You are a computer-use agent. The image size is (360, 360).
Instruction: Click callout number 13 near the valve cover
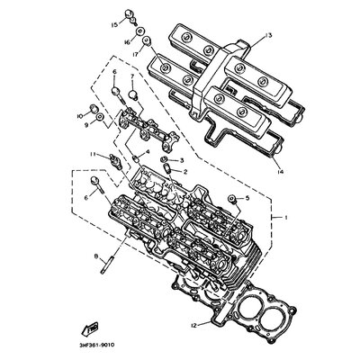click(x=268, y=36)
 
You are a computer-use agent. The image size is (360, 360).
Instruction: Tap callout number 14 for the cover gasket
click(x=281, y=172)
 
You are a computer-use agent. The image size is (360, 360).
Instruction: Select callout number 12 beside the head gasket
click(x=194, y=325)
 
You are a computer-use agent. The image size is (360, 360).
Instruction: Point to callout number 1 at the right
click(x=285, y=217)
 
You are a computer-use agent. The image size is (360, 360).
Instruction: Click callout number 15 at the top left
click(x=114, y=25)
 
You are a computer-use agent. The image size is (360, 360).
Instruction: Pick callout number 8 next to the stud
click(x=96, y=256)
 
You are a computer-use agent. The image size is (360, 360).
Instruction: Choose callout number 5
click(x=247, y=198)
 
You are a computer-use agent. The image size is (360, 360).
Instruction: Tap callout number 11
click(x=93, y=154)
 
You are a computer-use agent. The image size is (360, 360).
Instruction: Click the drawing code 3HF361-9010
click(x=94, y=345)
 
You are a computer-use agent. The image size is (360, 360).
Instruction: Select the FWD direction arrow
click(x=90, y=329)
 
